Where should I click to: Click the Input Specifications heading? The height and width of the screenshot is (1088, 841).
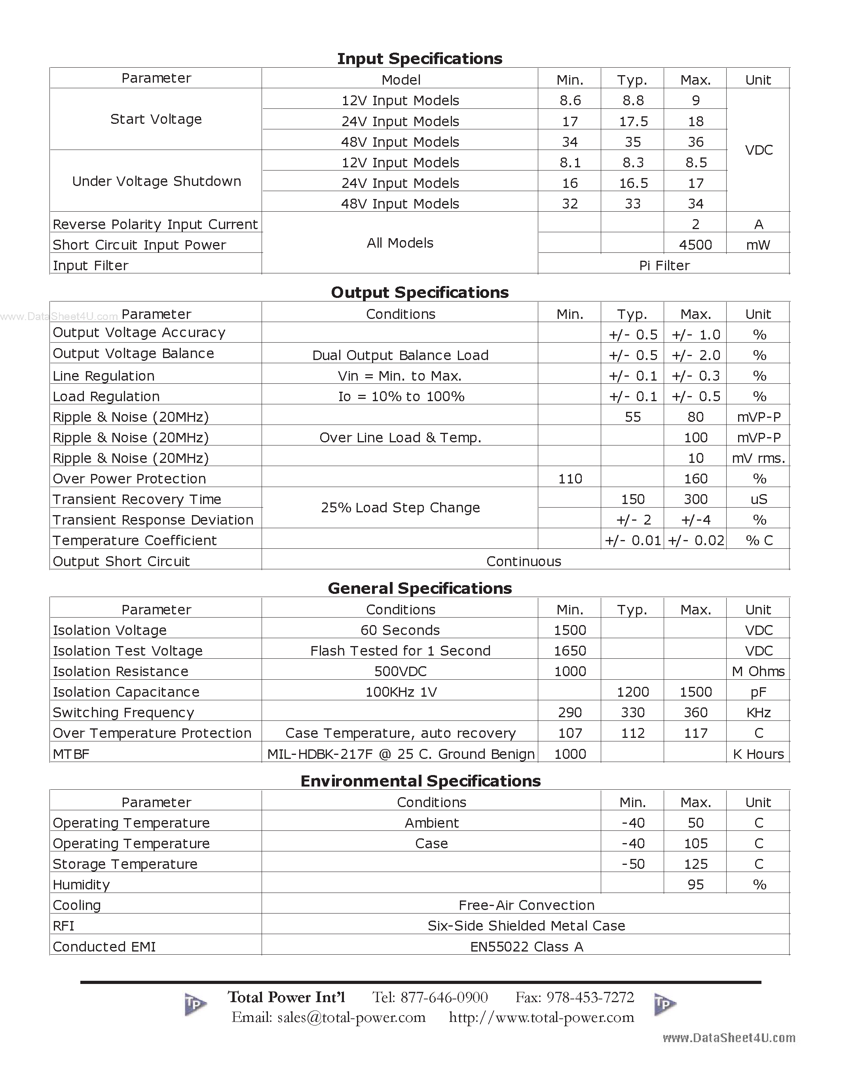point(420,59)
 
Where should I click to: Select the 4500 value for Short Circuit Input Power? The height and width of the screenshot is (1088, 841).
point(695,245)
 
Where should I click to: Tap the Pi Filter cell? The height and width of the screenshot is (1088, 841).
point(664,265)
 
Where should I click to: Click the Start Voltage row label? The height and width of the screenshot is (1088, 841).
point(156,119)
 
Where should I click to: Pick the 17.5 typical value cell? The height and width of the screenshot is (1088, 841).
point(633,121)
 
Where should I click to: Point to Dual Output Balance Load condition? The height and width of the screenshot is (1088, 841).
point(400,355)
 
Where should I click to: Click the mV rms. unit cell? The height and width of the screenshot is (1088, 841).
point(758,458)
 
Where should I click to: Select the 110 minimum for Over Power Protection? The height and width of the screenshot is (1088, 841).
point(570,479)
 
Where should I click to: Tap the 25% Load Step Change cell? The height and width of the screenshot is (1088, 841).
point(400,508)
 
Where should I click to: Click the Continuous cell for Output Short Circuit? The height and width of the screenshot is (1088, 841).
point(524,561)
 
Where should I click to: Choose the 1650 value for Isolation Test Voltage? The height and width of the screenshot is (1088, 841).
point(570,650)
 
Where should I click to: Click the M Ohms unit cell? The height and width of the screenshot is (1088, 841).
point(758,671)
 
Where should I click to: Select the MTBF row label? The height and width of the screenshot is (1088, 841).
point(71,754)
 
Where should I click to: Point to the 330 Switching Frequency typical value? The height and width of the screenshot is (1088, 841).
point(633,713)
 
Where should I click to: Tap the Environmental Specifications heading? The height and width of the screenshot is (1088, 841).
point(420,781)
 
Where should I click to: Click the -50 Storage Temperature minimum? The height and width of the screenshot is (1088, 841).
point(633,864)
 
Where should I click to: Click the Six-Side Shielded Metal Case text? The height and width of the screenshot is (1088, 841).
point(526,926)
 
